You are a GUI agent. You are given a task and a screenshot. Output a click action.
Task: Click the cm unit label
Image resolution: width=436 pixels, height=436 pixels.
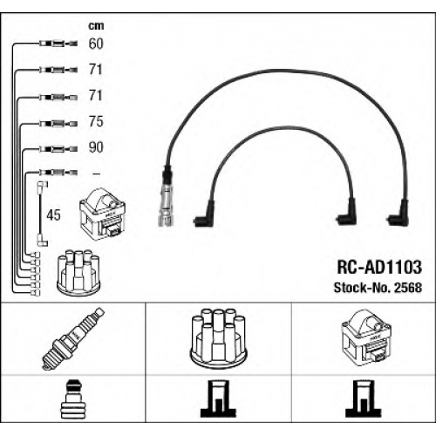coord(96,26)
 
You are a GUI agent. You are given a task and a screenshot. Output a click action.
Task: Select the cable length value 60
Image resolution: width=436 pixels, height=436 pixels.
coord(96,44)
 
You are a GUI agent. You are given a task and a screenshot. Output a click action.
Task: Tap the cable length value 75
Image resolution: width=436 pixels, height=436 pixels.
coord(96,121)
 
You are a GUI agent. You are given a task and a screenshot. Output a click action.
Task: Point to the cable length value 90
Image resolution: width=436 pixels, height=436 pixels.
coord(96,147)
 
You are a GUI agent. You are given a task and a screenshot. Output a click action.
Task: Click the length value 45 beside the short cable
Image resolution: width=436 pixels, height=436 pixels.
coord(53,215)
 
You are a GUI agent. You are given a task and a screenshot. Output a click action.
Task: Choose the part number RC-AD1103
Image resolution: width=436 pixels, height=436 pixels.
coord(379,267)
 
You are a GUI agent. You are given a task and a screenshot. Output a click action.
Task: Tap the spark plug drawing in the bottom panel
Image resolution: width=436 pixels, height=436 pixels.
coord(73,338)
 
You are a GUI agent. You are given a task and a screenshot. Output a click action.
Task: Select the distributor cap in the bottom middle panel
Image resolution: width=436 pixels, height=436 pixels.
coord(218,337)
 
